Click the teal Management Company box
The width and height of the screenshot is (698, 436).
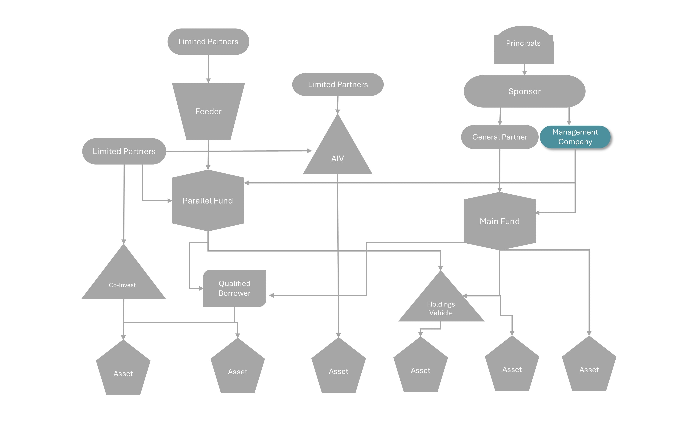pos(575,137)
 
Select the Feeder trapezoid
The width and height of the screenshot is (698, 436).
pos(208,111)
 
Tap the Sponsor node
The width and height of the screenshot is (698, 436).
pos(524,91)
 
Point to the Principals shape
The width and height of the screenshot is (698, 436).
pos(523,46)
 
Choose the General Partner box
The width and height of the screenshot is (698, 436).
pos(500,137)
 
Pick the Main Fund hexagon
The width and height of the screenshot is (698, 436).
pos(500,221)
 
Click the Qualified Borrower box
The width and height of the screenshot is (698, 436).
pos(234,288)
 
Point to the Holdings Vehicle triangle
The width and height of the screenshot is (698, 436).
pos(441,304)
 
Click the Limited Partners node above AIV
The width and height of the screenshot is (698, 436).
pos(338,84)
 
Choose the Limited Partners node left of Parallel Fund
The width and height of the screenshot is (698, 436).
pos(124,151)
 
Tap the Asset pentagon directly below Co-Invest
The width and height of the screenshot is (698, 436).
pos(123,371)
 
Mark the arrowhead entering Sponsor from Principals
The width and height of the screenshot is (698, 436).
pos(524,73)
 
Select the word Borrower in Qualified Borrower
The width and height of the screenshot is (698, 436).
pos(234,293)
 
